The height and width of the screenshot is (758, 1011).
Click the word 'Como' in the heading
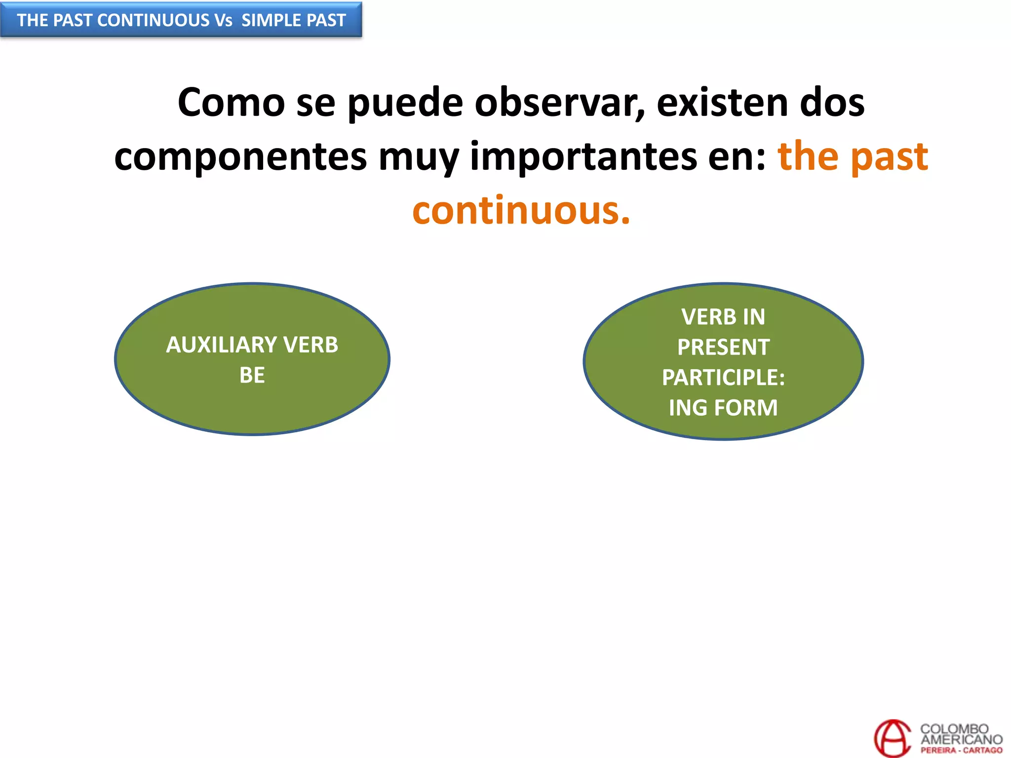pyautogui.click(x=231, y=103)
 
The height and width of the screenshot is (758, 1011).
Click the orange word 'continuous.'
pyautogui.click(x=521, y=211)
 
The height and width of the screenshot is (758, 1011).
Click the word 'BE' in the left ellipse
pyautogui.click(x=252, y=376)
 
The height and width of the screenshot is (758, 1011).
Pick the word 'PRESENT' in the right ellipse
pyautogui.click(x=723, y=347)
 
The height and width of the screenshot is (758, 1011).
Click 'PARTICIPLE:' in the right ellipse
pyautogui.click(x=723, y=378)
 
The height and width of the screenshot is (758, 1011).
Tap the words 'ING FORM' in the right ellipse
pyautogui.click(x=723, y=408)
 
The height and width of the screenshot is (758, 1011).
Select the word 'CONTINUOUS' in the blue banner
pyautogui.click(x=154, y=20)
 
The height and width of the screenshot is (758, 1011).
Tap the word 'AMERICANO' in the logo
pyautogui.click(x=961, y=739)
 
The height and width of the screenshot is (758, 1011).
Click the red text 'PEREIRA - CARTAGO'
pyautogui.click(x=961, y=751)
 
